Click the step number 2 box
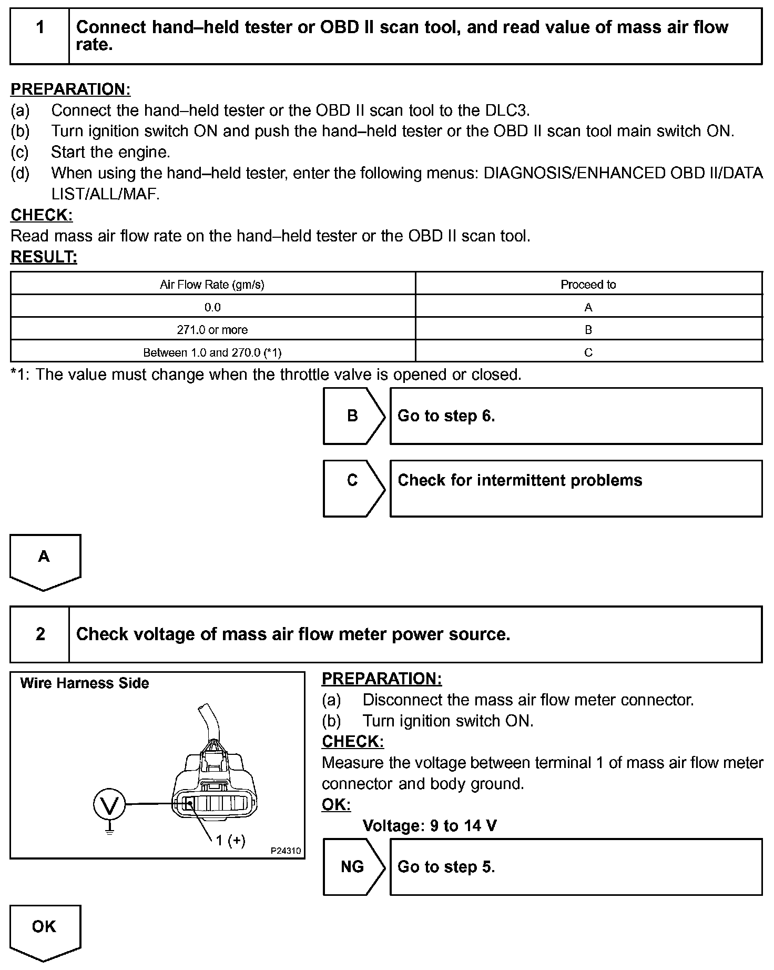(x=40, y=634)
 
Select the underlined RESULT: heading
(x=44, y=257)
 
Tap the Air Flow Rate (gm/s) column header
(x=212, y=285)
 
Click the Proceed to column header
(x=588, y=285)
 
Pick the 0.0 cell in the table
(x=212, y=307)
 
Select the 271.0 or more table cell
(x=212, y=330)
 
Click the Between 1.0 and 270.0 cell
(x=212, y=352)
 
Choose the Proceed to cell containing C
(x=588, y=352)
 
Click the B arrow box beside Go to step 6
(x=353, y=416)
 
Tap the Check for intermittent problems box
(x=576, y=488)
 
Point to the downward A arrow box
(x=44, y=560)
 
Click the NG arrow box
(x=353, y=867)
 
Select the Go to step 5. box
(x=576, y=867)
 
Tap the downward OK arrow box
(x=44, y=931)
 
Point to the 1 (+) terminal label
(x=231, y=840)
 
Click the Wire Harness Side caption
(x=84, y=683)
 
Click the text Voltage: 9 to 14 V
(x=429, y=825)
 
